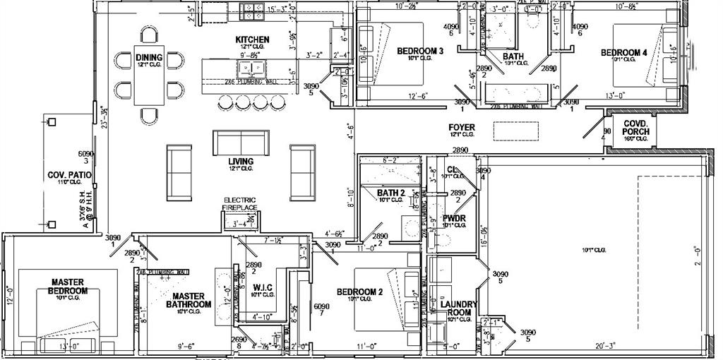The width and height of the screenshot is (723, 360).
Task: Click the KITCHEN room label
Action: (252, 39)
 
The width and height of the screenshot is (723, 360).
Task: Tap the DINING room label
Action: (149, 58)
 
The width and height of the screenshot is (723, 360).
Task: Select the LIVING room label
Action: (241, 162)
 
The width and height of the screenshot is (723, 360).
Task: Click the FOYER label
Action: (462, 128)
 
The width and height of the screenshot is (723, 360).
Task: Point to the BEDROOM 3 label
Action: (420, 51)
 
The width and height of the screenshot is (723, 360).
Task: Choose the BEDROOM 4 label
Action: (623, 52)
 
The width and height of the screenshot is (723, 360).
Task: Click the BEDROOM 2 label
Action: (359, 292)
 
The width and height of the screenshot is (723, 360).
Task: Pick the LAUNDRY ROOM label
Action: (458, 308)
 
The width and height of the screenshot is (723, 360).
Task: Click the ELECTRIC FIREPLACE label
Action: (240, 203)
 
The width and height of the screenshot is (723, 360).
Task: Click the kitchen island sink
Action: (251, 68)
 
